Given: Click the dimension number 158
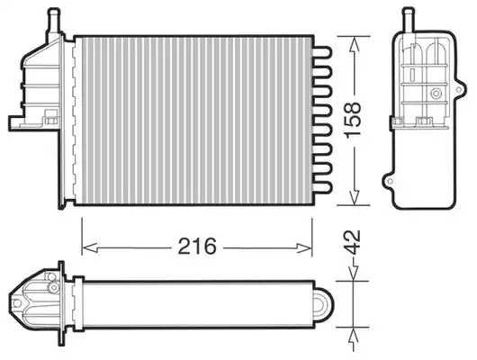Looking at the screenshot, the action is (x=353, y=120).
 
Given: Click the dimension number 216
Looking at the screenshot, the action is (x=197, y=246).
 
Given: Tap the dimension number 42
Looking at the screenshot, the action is (x=353, y=242).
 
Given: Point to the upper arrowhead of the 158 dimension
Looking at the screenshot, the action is (x=354, y=45).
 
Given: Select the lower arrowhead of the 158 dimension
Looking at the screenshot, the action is (x=354, y=197).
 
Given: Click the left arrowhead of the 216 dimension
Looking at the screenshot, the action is (x=90, y=248).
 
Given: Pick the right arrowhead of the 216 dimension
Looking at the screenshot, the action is (x=304, y=248).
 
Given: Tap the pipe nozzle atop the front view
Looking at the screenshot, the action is (x=54, y=20).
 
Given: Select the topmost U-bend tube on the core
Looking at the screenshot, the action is (x=322, y=52).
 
